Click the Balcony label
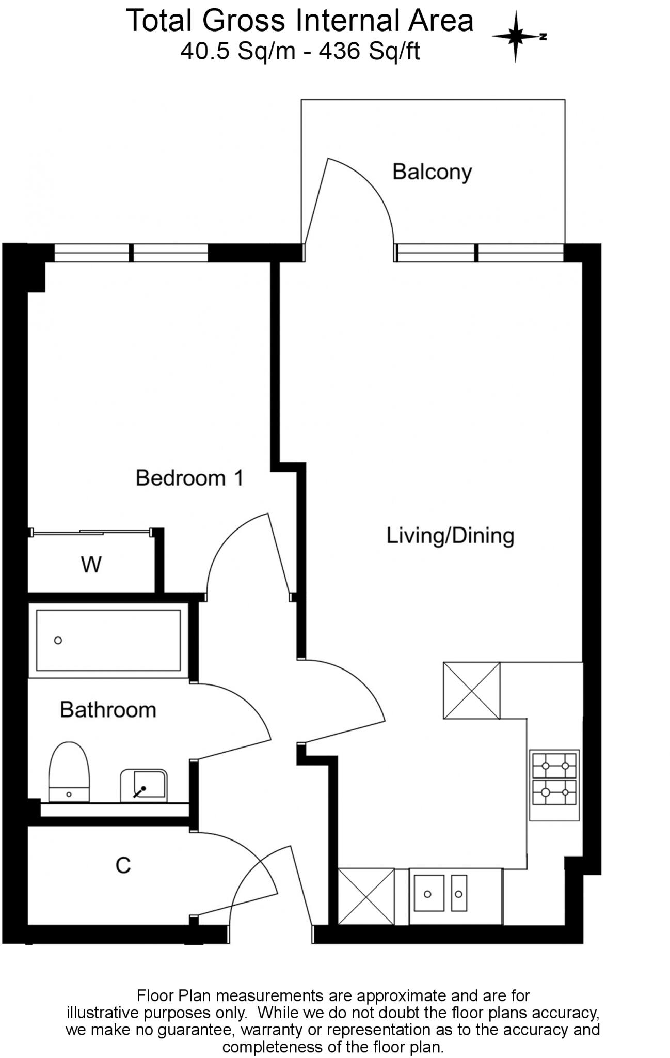432,172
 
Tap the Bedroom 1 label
189,478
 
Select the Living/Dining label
450,535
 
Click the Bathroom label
108,710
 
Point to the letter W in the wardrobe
91,565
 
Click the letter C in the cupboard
123,865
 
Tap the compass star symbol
515,37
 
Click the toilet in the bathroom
69,772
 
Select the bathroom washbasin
144,786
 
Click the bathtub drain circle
58,641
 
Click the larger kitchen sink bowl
428,893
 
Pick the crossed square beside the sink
366,896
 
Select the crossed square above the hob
471,691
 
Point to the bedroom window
131,253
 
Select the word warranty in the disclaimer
272,1030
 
